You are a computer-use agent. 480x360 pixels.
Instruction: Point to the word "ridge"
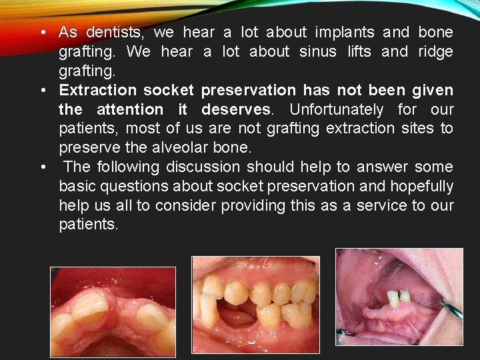pos(435,51)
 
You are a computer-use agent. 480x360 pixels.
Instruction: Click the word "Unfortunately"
pos(337,109)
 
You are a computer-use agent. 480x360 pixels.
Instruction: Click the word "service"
pos(380,205)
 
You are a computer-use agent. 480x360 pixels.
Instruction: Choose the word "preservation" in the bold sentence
pos(249,90)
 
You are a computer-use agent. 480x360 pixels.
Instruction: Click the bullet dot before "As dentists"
pos(42,33)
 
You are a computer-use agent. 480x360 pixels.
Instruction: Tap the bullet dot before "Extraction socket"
pos(42,91)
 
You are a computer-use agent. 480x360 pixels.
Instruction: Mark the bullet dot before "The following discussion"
pos(42,167)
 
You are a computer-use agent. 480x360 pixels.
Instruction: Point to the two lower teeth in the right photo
pos(399,298)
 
